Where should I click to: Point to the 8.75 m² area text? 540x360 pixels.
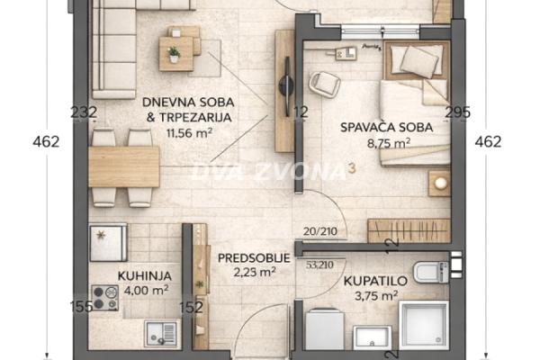(388, 142)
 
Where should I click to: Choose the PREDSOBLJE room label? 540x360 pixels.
(254, 257)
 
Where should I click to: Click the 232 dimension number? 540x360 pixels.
(83, 112)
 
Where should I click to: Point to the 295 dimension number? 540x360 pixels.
(458, 112)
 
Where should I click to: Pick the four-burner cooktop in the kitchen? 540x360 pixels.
(105, 298)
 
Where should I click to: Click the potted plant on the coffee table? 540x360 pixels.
(174, 53)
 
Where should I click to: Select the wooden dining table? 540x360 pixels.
(123, 166)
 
